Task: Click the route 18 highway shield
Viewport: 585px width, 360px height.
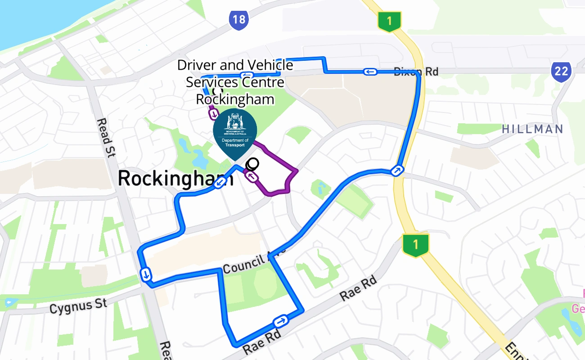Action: tap(239, 20)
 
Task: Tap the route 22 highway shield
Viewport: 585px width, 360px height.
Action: tap(561, 71)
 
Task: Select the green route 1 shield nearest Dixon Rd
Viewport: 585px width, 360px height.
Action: tap(389, 21)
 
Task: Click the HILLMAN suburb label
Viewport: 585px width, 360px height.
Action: tap(532, 129)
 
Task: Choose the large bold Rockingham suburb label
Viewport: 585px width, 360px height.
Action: tap(175, 179)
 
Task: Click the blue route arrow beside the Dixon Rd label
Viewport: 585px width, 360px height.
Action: tap(370, 72)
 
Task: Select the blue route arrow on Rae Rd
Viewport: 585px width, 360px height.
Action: tap(280, 321)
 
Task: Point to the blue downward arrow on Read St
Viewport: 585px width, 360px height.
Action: tap(146, 274)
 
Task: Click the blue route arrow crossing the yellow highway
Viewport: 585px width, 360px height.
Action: tap(398, 171)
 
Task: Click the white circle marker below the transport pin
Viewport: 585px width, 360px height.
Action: tap(253, 163)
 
